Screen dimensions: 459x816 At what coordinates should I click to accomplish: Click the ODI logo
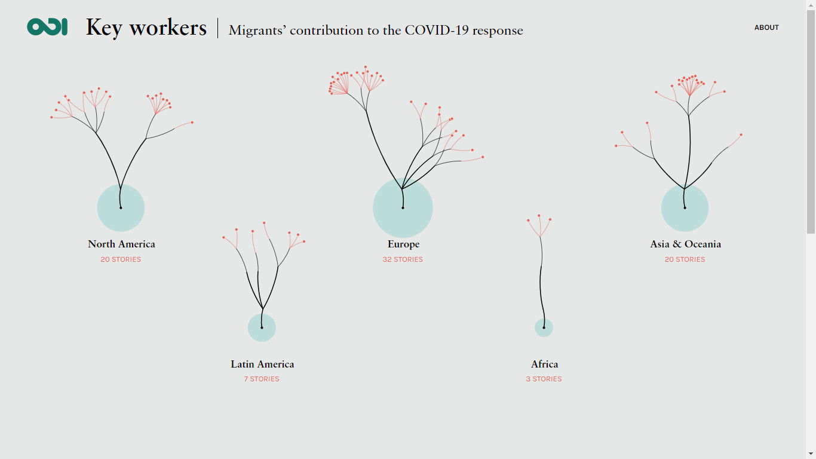tap(47, 27)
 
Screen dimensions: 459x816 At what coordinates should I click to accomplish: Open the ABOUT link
tap(766, 27)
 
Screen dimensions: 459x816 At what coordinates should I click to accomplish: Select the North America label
tap(121, 244)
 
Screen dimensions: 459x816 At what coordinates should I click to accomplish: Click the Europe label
tap(403, 244)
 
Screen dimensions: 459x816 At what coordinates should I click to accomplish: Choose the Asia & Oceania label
tap(685, 244)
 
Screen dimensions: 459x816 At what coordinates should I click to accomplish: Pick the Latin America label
tap(262, 364)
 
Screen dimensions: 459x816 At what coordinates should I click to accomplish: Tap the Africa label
tap(544, 364)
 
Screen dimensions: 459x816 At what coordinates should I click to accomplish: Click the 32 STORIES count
tap(403, 259)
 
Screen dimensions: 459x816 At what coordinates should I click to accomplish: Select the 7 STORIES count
tap(262, 379)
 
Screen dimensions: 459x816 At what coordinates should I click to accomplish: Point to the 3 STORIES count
tap(544, 379)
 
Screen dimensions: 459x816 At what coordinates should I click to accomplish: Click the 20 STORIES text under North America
tap(121, 259)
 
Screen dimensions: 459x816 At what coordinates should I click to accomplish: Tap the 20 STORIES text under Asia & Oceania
tap(685, 259)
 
